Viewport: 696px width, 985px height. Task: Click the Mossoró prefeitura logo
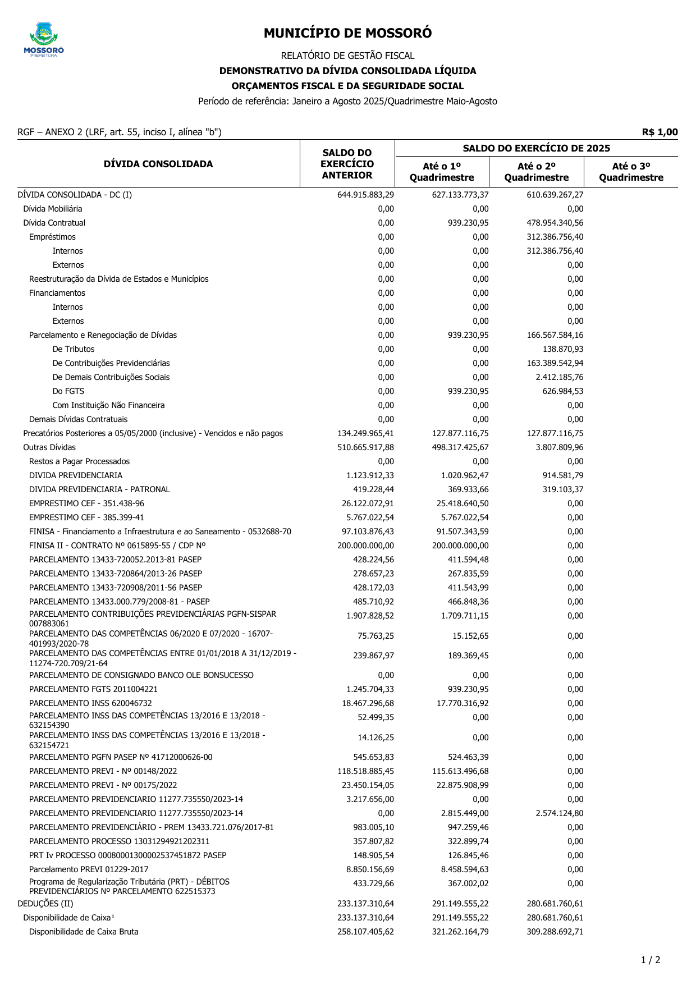click(x=44, y=40)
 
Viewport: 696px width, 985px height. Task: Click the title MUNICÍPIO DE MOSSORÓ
click(x=347, y=34)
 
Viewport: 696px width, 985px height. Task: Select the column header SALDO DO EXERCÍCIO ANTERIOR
click(x=347, y=164)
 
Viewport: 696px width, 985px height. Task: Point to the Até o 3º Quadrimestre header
click(x=631, y=172)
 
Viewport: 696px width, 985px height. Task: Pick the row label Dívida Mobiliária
click(x=53, y=209)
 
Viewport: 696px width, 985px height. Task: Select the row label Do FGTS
click(x=68, y=391)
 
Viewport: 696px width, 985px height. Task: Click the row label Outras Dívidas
click(x=49, y=447)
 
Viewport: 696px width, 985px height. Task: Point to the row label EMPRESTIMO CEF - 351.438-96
click(x=86, y=503)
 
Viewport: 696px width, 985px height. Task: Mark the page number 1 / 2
click(x=651, y=960)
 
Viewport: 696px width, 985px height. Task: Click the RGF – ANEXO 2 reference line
click(x=120, y=132)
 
